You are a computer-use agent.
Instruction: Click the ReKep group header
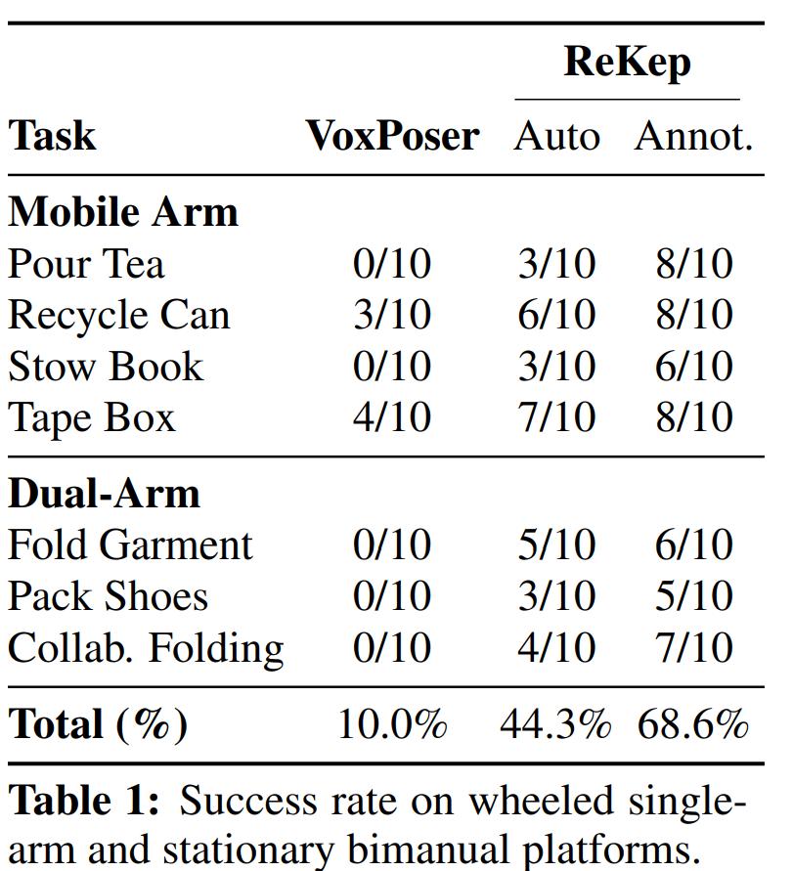pos(628,64)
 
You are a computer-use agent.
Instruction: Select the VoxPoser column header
pos(393,136)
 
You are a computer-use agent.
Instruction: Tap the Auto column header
pos(556,136)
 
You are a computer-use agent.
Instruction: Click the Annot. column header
pos(693,136)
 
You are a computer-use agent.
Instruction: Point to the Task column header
pos(52,136)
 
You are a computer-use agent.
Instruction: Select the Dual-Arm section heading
pos(104,494)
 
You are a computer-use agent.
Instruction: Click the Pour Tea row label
pos(86,263)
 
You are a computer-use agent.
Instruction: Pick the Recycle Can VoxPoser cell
pos(392,315)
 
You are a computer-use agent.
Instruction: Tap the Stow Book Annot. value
pos(694,366)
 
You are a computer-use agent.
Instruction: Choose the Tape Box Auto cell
pos(556,417)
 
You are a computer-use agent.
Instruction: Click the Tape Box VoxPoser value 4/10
pos(392,417)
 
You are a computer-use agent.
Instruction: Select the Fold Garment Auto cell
pos(556,544)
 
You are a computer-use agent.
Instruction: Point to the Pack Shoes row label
pos(109,596)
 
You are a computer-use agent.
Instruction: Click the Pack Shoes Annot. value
pos(694,596)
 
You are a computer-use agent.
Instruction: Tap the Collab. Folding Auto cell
pos(556,648)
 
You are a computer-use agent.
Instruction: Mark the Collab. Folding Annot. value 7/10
pos(694,648)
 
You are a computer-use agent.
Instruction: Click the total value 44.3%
pos(555,724)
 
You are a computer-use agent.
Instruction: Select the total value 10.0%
pos(392,724)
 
